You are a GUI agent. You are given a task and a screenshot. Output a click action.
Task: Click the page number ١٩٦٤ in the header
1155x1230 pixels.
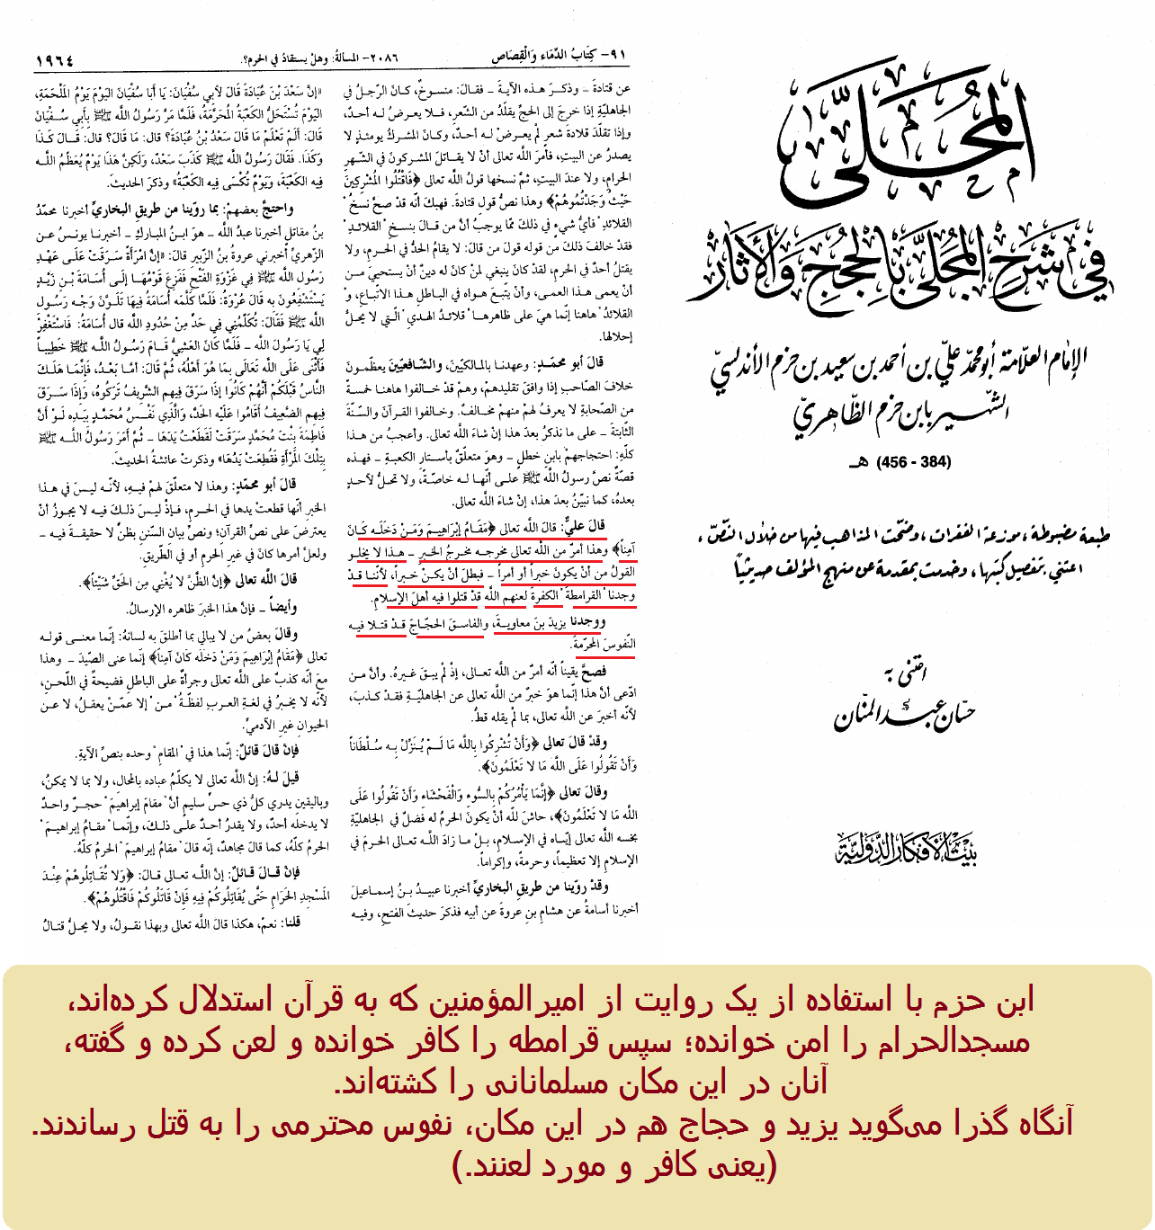tap(54, 59)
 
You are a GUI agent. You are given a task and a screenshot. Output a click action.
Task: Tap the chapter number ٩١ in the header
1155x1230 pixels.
tap(615, 56)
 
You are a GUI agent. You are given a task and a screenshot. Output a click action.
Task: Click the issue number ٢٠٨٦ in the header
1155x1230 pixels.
tap(383, 58)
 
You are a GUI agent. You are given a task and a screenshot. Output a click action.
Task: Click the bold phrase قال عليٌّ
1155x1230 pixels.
tap(586, 525)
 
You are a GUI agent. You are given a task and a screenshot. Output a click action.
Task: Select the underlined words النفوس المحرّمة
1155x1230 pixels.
tap(604, 644)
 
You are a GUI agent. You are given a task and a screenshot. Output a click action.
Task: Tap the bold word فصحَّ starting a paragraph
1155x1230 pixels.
tap(594, 671)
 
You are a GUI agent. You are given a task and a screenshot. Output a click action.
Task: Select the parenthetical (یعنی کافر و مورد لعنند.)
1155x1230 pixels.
tap(615, 1165)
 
